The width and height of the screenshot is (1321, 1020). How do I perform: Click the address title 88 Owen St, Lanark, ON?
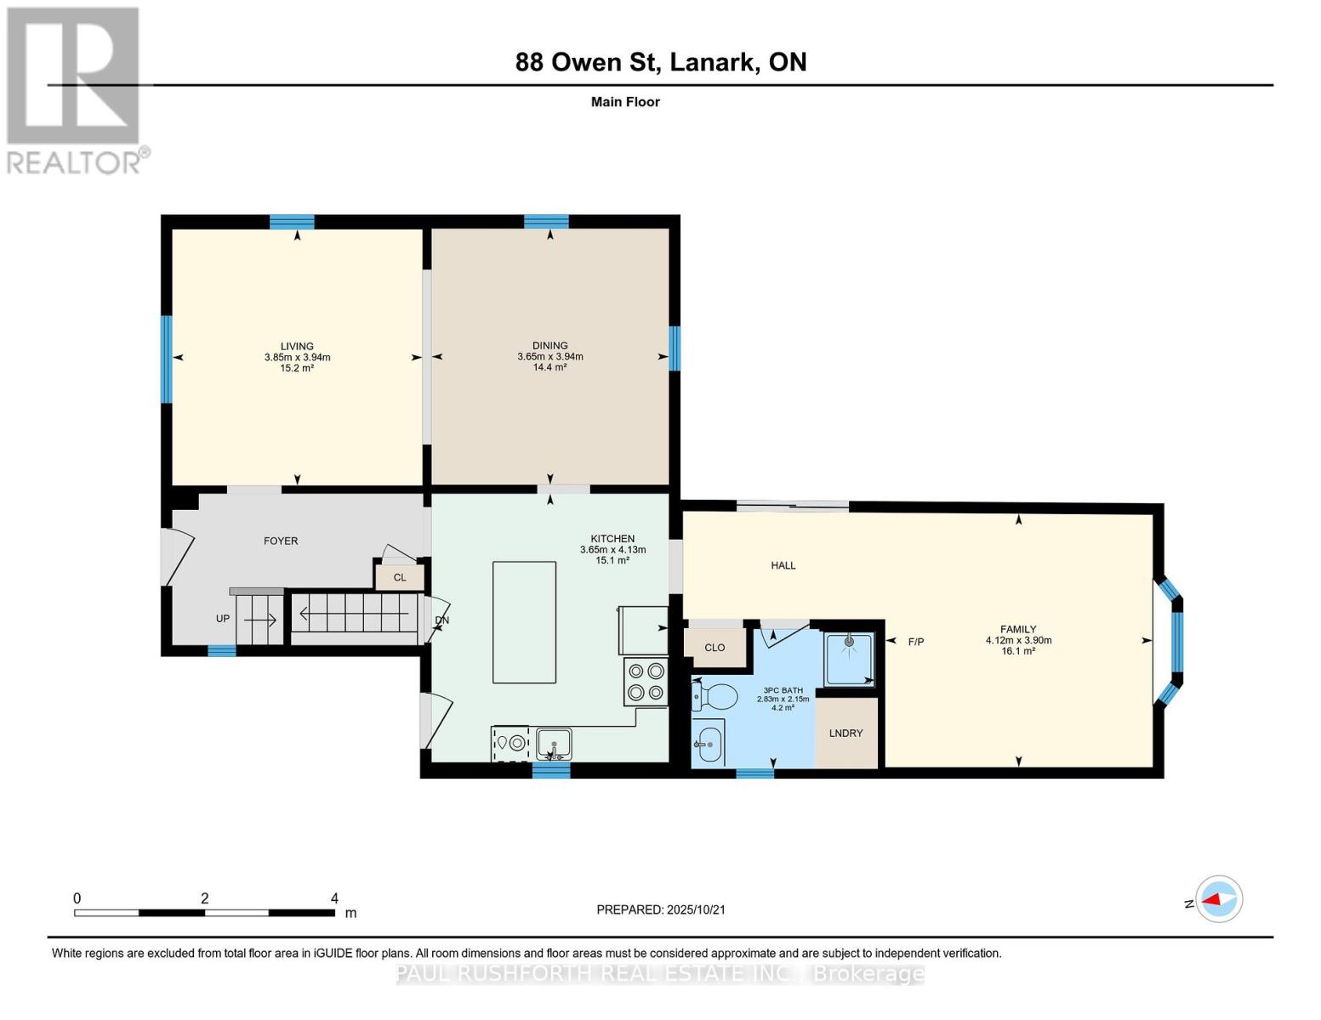coord(660,62)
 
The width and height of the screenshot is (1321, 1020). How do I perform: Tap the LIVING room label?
coord(297,346)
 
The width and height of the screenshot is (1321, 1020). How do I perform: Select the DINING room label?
coord(549,346)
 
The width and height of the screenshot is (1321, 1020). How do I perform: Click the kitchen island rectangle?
coord(524,621)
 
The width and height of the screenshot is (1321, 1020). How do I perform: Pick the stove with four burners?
coord(646,682)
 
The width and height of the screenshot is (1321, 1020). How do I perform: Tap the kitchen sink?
coord(554,744)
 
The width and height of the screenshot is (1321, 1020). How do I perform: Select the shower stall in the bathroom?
coord(848,659)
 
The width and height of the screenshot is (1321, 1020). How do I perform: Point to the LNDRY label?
coord(846,734)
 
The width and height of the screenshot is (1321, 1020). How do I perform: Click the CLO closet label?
coord(715,648)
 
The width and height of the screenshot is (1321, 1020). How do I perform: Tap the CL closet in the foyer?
coord(399,578)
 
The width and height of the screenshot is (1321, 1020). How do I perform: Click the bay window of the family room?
coord(1171,642)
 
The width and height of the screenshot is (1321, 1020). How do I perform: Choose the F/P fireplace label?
coord(916,643)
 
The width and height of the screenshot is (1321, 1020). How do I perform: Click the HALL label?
coord(783,565)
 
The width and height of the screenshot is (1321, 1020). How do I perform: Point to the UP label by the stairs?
coord(222,619)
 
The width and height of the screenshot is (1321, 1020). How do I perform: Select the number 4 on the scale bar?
coord(334,898)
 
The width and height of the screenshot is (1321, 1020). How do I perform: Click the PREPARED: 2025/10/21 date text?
coord(660,909)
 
